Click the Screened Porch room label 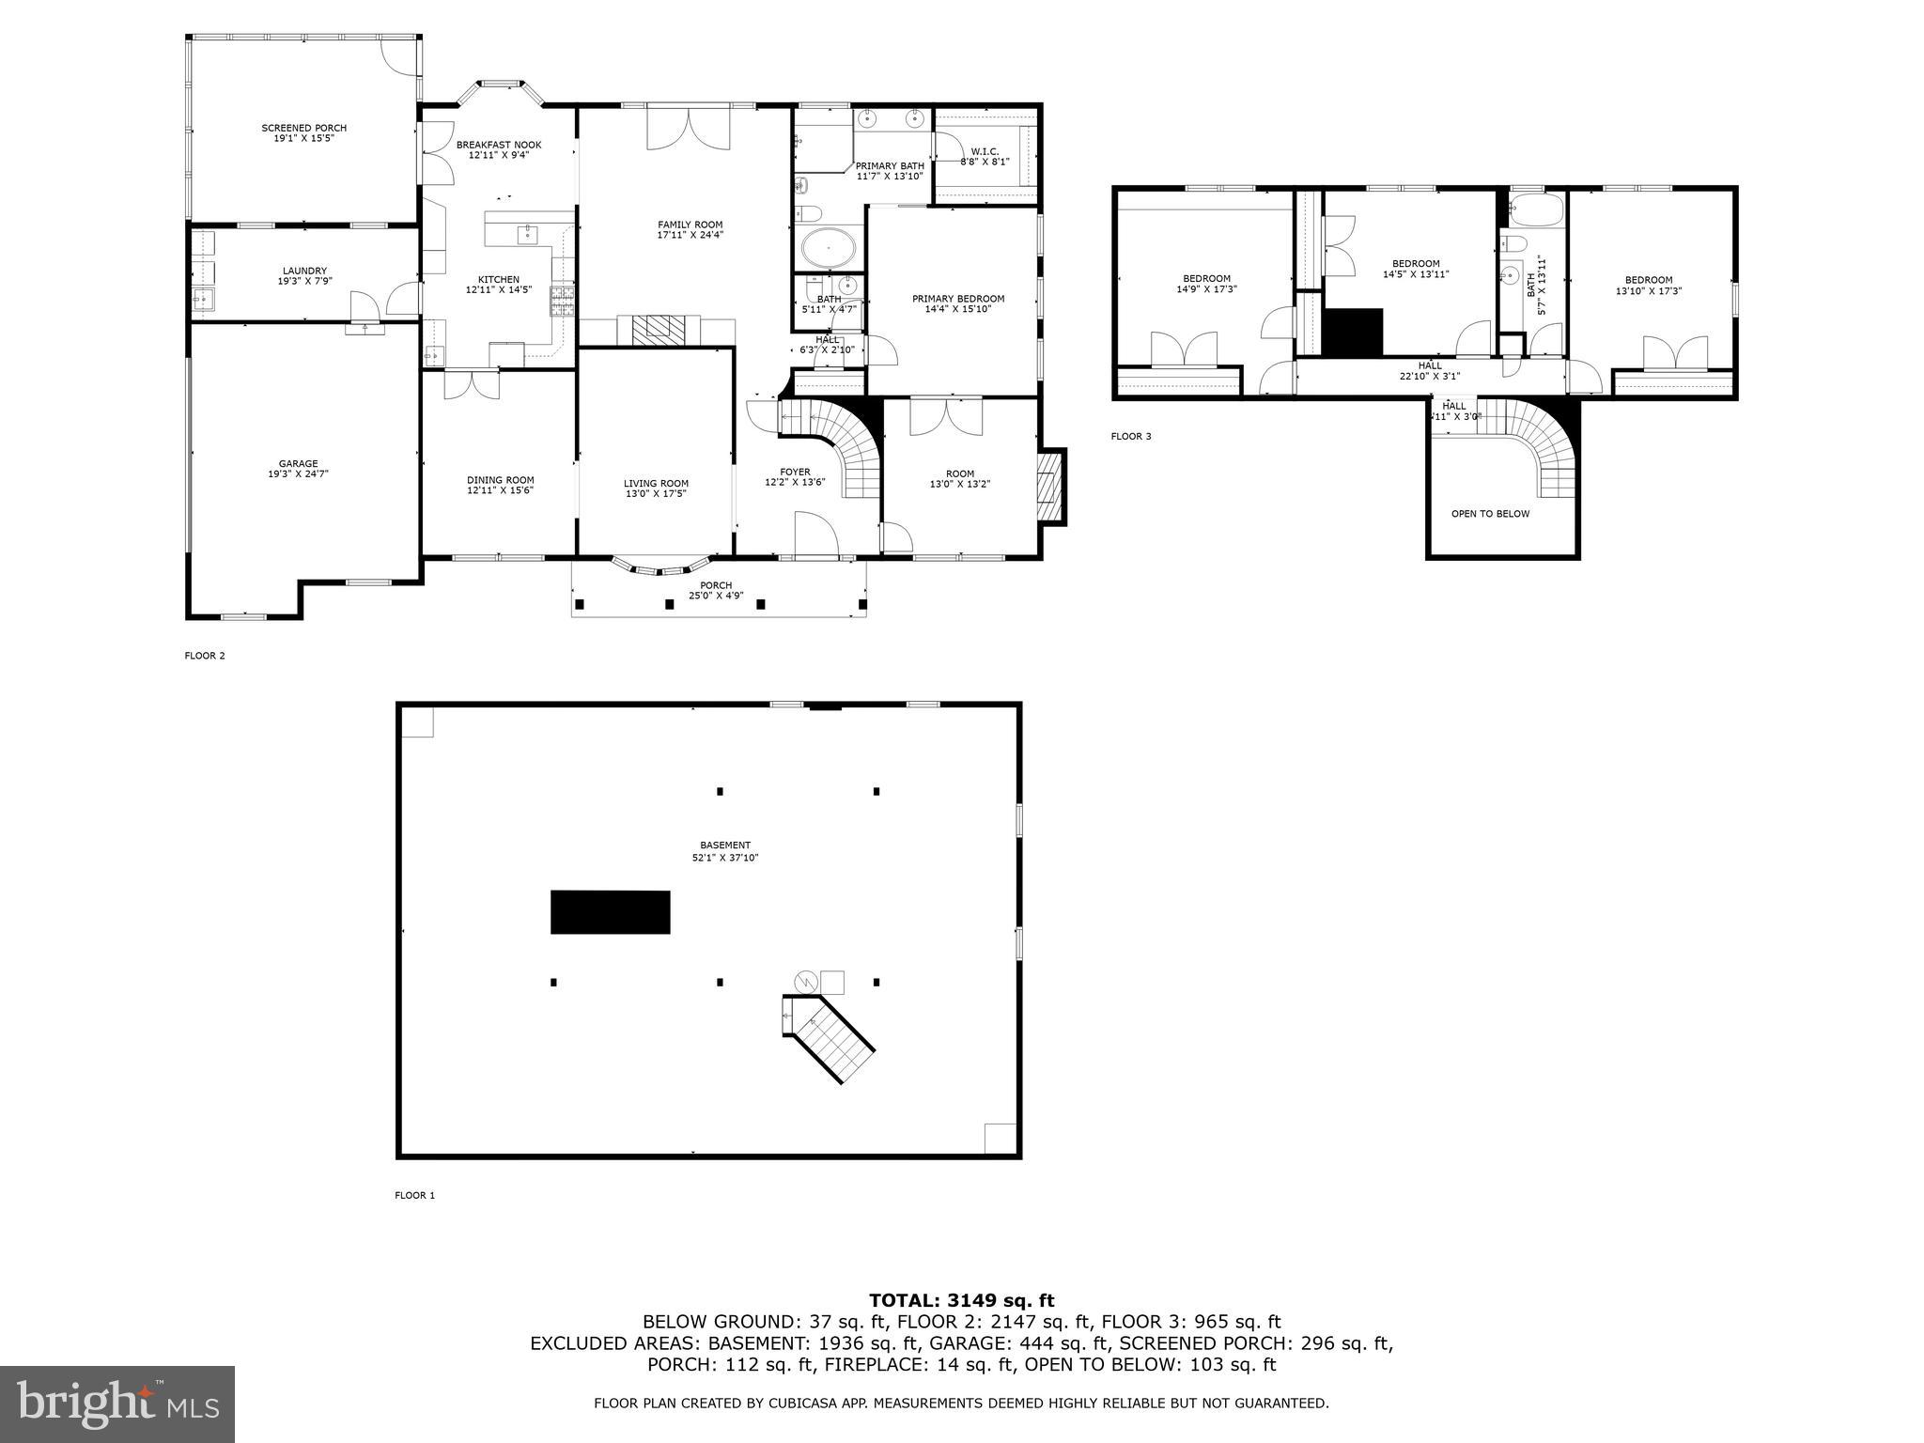pos(303,128)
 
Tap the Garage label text pos(298,463)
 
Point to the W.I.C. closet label pos(985,151)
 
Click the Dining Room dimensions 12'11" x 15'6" pos(500,490)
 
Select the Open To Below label pos(1490,514)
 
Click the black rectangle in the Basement pos(610,912)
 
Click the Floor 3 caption pos(1130,436)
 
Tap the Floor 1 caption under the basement pos(414,1195)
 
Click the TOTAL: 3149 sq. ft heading pos(961,1300)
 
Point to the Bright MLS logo pos(117,1404)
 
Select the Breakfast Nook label pos(499,145)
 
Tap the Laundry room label pos(304,271)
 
